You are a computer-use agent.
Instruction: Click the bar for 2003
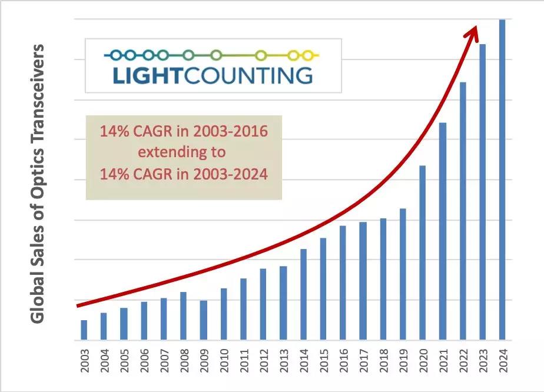[84, 330]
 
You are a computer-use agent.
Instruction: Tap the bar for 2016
[343, 283]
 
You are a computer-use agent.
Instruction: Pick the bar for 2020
[423, 253]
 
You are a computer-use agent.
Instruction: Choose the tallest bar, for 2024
[502, 180]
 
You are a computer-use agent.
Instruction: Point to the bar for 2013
[283, 303]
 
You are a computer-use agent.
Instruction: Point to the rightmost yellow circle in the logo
[307, 55]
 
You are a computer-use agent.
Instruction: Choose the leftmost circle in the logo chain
[115, 55]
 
